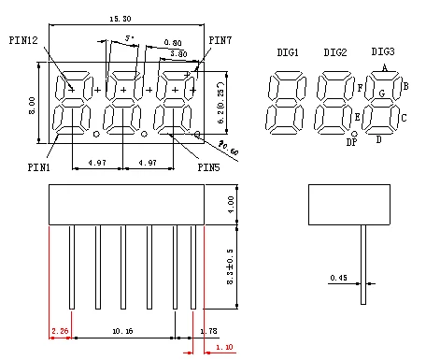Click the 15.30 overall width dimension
[x=120, y=19]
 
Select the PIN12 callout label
[x=23, y=40]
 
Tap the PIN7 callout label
[x=220, y=40]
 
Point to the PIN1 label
[x=38, y=167]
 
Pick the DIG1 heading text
[x=288, y=53]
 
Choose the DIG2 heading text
[x=335, y=53]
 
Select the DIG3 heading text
[x=383, y=51]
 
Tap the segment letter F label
[x=360, y=88]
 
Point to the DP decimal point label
[x=352, y=142]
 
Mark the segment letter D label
[x=378, y=140]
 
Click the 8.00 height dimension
[x=31, y=102]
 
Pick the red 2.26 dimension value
[x=59, y=331]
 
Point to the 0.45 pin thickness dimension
[x=338, y=278]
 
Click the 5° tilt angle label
[x=129, y=40]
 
